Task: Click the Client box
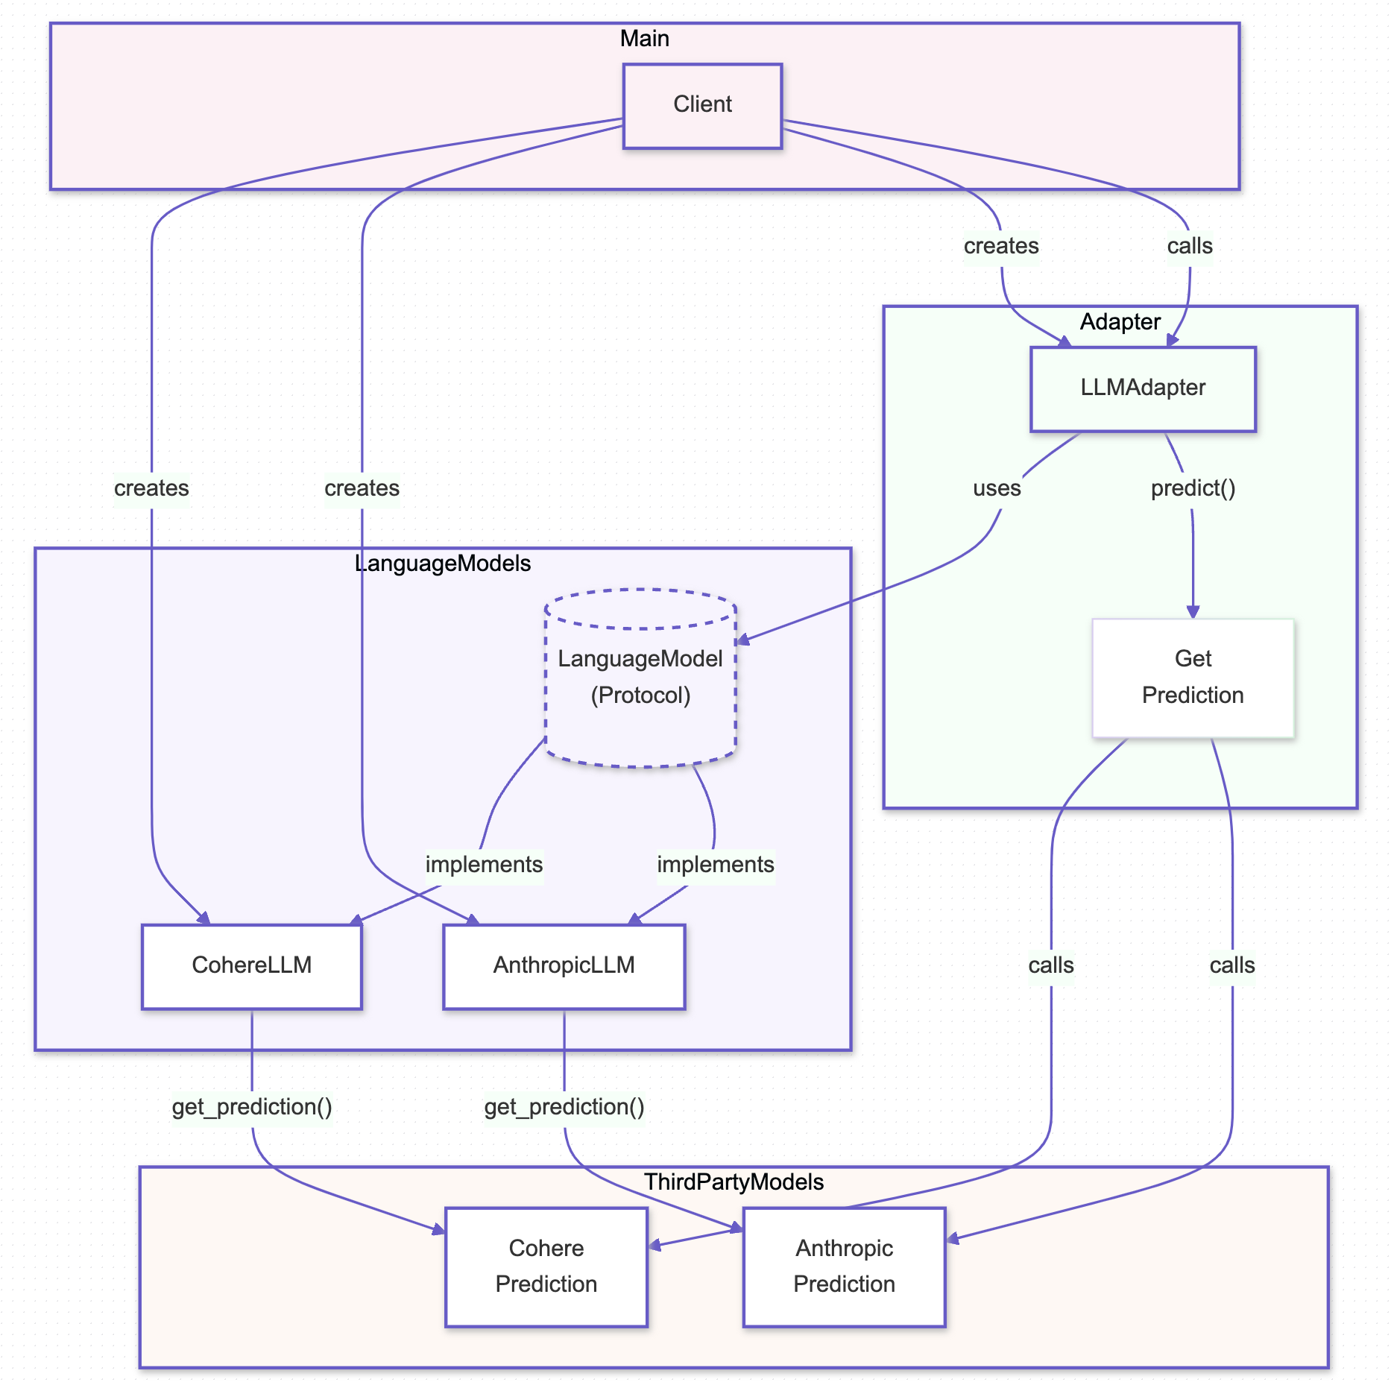point(702,105)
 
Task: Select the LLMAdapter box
point(1142,388)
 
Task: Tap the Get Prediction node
point(1192,677)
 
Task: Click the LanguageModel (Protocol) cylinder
point(640,677)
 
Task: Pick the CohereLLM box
point(251,966)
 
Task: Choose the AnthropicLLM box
point(564,966)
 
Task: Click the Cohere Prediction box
point(546,1266)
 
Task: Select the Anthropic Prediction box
point(844,1266)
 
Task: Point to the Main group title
point(644,39)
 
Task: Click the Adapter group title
point(1120,322)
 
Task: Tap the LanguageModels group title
point(443,564)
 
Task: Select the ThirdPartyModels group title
point(734,1182)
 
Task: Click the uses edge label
point(997,489)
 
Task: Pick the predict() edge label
point(1193,489)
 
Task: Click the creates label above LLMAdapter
point(1000,247)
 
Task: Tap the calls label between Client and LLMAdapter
point(1189,247)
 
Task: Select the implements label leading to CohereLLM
point(484,865)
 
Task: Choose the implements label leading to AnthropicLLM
point(715,865)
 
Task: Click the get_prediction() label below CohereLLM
point(252,1108)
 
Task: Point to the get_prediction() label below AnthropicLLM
point(564,1108)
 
